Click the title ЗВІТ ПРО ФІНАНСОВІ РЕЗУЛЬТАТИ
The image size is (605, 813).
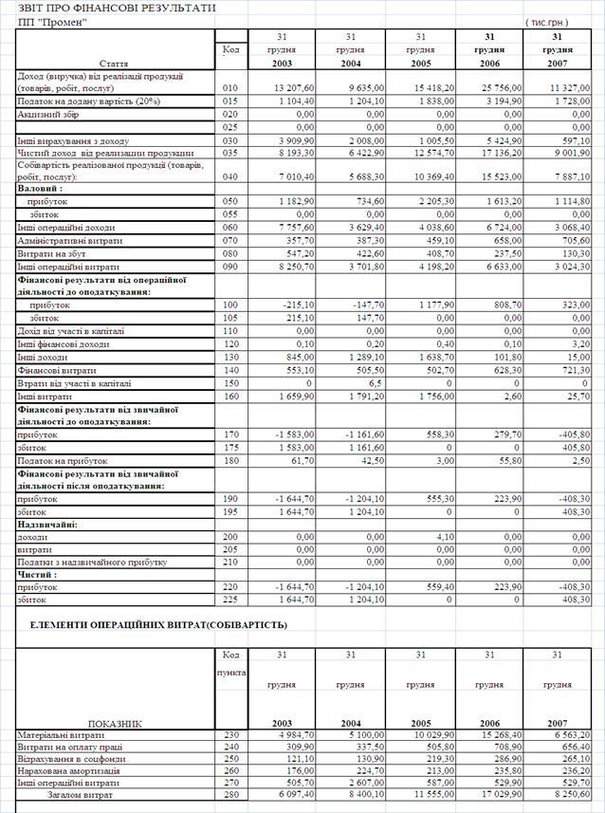(110, 9)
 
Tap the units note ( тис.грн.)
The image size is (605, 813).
(547, 22)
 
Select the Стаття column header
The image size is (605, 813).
(114, 63)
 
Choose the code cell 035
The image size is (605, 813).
(229, 152)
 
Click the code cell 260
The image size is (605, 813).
(229, 771)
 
